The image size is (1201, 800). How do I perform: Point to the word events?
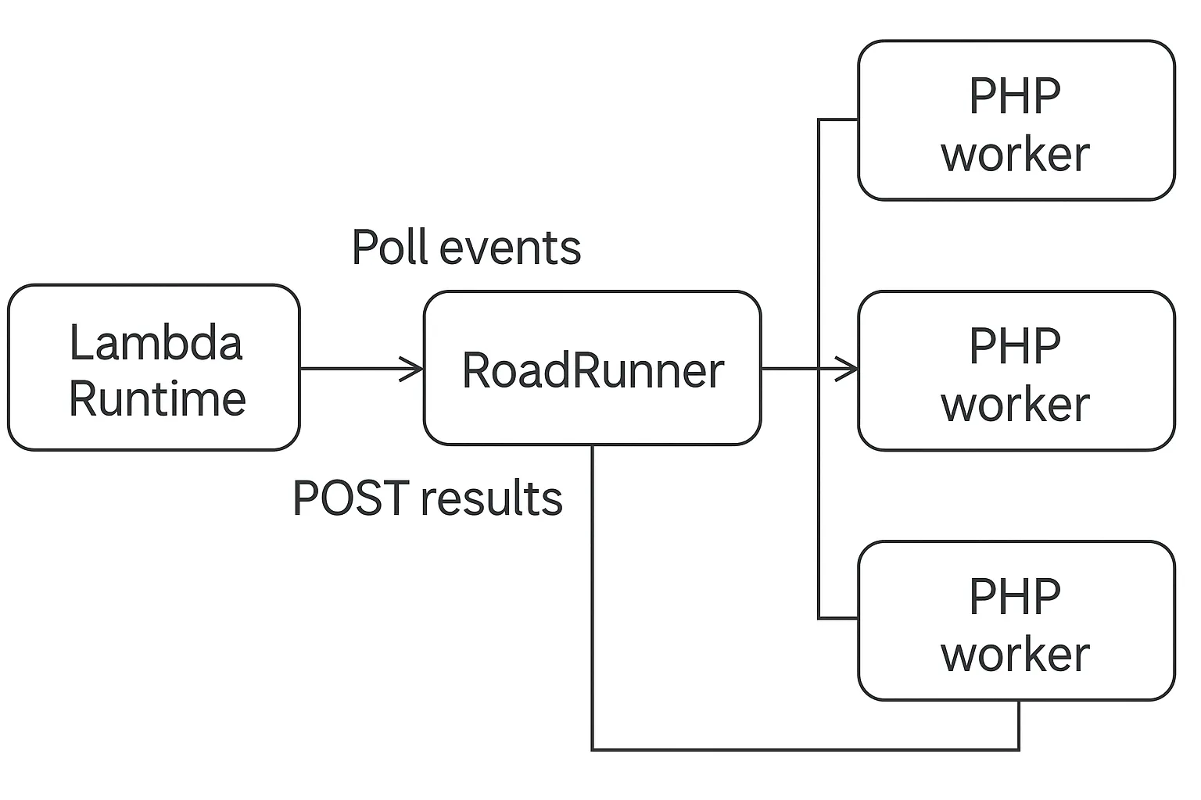click(x=510, y=248)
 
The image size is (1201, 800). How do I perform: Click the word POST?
click(x=350, y=498)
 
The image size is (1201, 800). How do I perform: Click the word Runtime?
click(x=157, y=398)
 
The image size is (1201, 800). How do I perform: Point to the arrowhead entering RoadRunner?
click(x=414, y=368)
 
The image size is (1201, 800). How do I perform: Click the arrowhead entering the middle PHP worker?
click(x=848, y=368)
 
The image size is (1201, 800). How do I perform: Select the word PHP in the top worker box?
click(x=1014, y=96)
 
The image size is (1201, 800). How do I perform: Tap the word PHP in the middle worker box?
click(x=1014, y=346)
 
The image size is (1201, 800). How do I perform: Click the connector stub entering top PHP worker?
click(x=838, y=120)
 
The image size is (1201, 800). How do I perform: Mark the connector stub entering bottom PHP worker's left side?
click(x=838, y=618)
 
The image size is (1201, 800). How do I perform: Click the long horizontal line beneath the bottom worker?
click(x=805, y=750)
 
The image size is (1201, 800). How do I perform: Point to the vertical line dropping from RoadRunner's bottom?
click(x=592, y=594)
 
